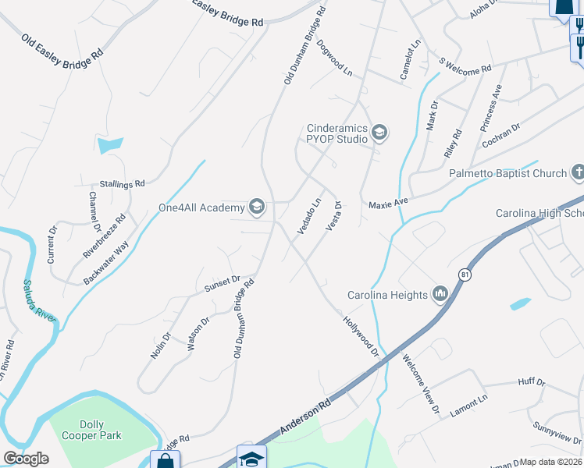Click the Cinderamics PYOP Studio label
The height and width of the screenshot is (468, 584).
pos(337,133)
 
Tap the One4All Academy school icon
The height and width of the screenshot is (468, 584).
pos(257,207)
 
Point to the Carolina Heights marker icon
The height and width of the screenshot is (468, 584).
pos(440,294)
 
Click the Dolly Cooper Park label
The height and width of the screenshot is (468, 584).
pos(91,431)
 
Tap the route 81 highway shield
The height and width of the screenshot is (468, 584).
pos(465,275)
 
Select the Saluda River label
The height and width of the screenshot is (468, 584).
pos(39,301)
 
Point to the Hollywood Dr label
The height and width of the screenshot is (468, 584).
pos(360,335)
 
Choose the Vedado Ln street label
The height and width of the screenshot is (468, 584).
pos(309,214)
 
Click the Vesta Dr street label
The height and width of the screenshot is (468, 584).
pos(333,215)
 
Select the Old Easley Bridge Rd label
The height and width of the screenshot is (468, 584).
pos(62,48)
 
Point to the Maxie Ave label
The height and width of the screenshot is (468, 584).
pos(389,202)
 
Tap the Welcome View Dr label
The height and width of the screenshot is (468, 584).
pos(421,383)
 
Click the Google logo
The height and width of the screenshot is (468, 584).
pos(26,458)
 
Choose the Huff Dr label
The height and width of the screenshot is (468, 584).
pos(531,381)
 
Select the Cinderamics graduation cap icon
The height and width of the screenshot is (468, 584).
pos(379,133)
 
